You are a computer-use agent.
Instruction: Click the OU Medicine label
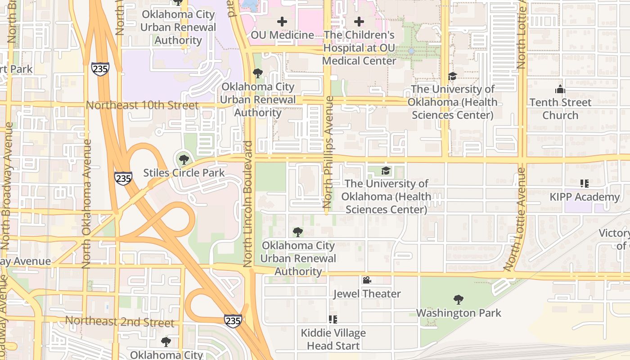click(x=282, y=35)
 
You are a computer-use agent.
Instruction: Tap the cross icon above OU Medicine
click(x=282, y=21)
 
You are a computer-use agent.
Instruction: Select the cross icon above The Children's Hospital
click(x=359, y=21)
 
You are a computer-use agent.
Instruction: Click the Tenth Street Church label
click(x=560, y=109)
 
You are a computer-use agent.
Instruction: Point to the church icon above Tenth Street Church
click(x=560, y=89)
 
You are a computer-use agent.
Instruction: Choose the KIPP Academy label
click(x=584, y=197)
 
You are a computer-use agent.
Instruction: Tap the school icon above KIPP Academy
click(x=584, y=183)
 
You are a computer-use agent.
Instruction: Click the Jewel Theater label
click(x=367, y=294)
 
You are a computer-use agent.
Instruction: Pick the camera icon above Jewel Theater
click(x=367, y=280)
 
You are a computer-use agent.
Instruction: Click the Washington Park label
click(x=458, y=313)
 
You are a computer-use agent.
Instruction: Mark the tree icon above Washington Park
click(x=458, y=299)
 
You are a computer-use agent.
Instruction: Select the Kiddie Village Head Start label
click(x=333, y=339)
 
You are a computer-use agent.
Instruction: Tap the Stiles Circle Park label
click(x=184, y=173)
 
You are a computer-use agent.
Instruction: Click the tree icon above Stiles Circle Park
click(x=184, y=159)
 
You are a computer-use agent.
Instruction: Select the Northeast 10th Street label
click(x=142, y=105)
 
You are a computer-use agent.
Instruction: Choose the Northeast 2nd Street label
click(x=119, y=322)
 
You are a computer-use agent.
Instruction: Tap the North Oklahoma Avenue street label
click(x=86, y=204)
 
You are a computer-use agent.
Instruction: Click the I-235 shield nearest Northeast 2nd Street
click(x=233, y=320)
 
